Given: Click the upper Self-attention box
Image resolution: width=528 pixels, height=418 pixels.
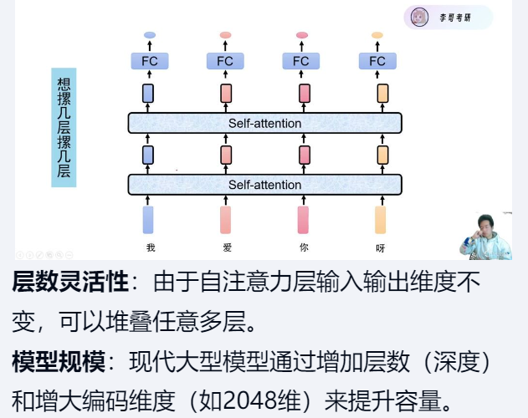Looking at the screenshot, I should point(264,123).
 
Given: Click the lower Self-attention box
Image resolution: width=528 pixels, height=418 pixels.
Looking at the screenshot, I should point(264,185).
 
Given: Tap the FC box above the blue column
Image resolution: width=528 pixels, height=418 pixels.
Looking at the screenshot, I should point(149,61).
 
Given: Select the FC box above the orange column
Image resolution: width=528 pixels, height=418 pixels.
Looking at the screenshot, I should point(377,61).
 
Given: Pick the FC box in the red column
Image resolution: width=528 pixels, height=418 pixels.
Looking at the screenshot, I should point(301,61).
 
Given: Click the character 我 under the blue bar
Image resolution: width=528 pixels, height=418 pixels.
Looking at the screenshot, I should point(151,247).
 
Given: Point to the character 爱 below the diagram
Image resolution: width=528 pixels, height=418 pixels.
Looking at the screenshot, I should point(226,247).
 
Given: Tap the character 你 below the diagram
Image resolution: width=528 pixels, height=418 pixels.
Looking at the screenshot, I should point(303,247).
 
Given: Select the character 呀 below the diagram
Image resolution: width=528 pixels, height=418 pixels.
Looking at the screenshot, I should point(381,247).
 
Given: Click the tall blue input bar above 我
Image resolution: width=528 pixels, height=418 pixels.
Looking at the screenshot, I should point(148,219).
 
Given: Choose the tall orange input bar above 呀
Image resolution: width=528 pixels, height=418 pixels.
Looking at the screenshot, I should point(381,219).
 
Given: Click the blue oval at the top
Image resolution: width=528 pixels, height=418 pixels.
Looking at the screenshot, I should point(149,35).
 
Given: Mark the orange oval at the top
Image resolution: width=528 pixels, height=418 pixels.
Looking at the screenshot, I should point(377,35).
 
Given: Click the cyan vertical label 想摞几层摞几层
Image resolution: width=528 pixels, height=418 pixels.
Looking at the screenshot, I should point(64,127).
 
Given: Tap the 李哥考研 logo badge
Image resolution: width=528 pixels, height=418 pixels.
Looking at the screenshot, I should point(448,17).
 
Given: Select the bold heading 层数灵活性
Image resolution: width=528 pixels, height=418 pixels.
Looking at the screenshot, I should point(70,283).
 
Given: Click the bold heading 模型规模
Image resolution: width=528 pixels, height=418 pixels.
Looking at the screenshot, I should point(59,363).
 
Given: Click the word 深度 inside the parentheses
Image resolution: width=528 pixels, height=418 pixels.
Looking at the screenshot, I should point(454,363).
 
